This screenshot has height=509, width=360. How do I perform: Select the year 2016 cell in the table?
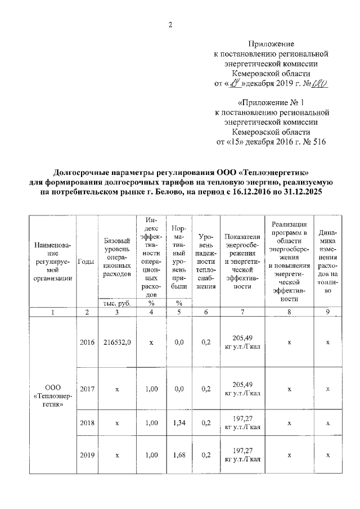(x=87, y=341)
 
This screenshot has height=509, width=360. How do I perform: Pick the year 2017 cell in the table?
(x=87, y=389)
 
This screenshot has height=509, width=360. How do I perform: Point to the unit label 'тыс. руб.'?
(x=117, y=303)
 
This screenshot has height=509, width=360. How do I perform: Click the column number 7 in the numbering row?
(x=242, y=312)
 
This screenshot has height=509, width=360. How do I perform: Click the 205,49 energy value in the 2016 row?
(x=242, y=337)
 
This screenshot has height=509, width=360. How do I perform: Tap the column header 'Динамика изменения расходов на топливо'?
(x=328, y=260)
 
